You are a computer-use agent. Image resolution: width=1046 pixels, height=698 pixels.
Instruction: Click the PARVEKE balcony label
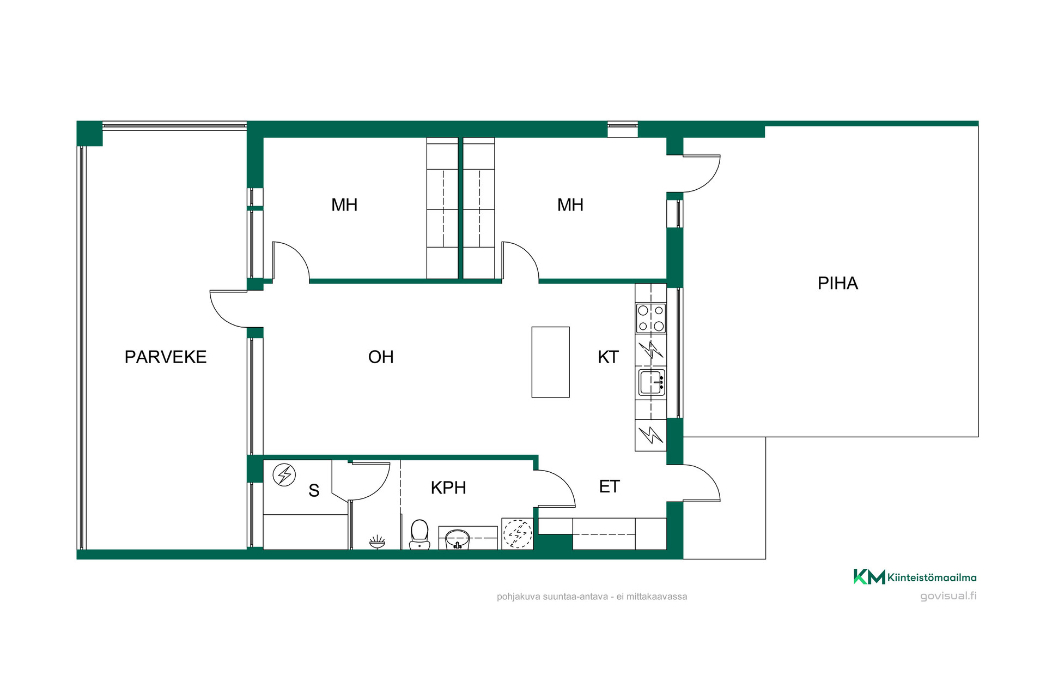pyautogui.click(x=166, y=357)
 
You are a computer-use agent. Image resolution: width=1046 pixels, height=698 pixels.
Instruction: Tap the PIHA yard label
pyautogui.click(x=838, y=284)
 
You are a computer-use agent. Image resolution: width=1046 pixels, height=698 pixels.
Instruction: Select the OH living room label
pyautogui.click(x=381, y=357)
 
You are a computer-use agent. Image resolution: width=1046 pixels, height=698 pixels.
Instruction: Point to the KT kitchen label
pyautogui.click(x=609, y=357)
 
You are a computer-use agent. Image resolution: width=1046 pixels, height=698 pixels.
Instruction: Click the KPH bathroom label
pyautogui.click(x=448, y=488)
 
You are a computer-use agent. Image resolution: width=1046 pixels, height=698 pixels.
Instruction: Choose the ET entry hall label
pyautogui.click(x=610, y=486)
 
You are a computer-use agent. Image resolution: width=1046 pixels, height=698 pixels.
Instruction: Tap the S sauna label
pyautogui.click(x=314, y=490)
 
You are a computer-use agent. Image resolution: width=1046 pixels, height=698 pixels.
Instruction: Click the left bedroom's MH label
pyautogui.click(x=344, y=205)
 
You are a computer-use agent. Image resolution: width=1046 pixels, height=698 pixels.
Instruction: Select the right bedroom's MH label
pyautogui.click(x=570, y=205)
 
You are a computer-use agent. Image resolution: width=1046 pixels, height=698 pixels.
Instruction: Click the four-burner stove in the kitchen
pyautogui.click(x=651, y=318)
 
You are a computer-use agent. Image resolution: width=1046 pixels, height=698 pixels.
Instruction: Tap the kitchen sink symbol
pyautogui.click(x=652, y=382)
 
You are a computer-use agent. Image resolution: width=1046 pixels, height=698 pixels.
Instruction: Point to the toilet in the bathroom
pyautogui.click(x=419, y=534)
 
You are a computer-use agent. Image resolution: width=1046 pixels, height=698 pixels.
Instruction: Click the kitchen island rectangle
pyautogui.click(x=551, y=362)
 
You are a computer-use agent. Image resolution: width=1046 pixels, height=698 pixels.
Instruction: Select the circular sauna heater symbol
pyautogui.click(x=284, y=475)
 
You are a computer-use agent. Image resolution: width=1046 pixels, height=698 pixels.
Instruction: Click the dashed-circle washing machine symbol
pyautogui.click(x=518, y=534)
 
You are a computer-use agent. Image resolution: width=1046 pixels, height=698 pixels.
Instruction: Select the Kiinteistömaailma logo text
pyautogui.click(x=932, y=577)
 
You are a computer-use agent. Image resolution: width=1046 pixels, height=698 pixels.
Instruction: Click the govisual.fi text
pyautogui.click(x=948, y=595)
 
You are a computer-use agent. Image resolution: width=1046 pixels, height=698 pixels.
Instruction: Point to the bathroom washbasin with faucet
pyautogui.click(x=458, y=539)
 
